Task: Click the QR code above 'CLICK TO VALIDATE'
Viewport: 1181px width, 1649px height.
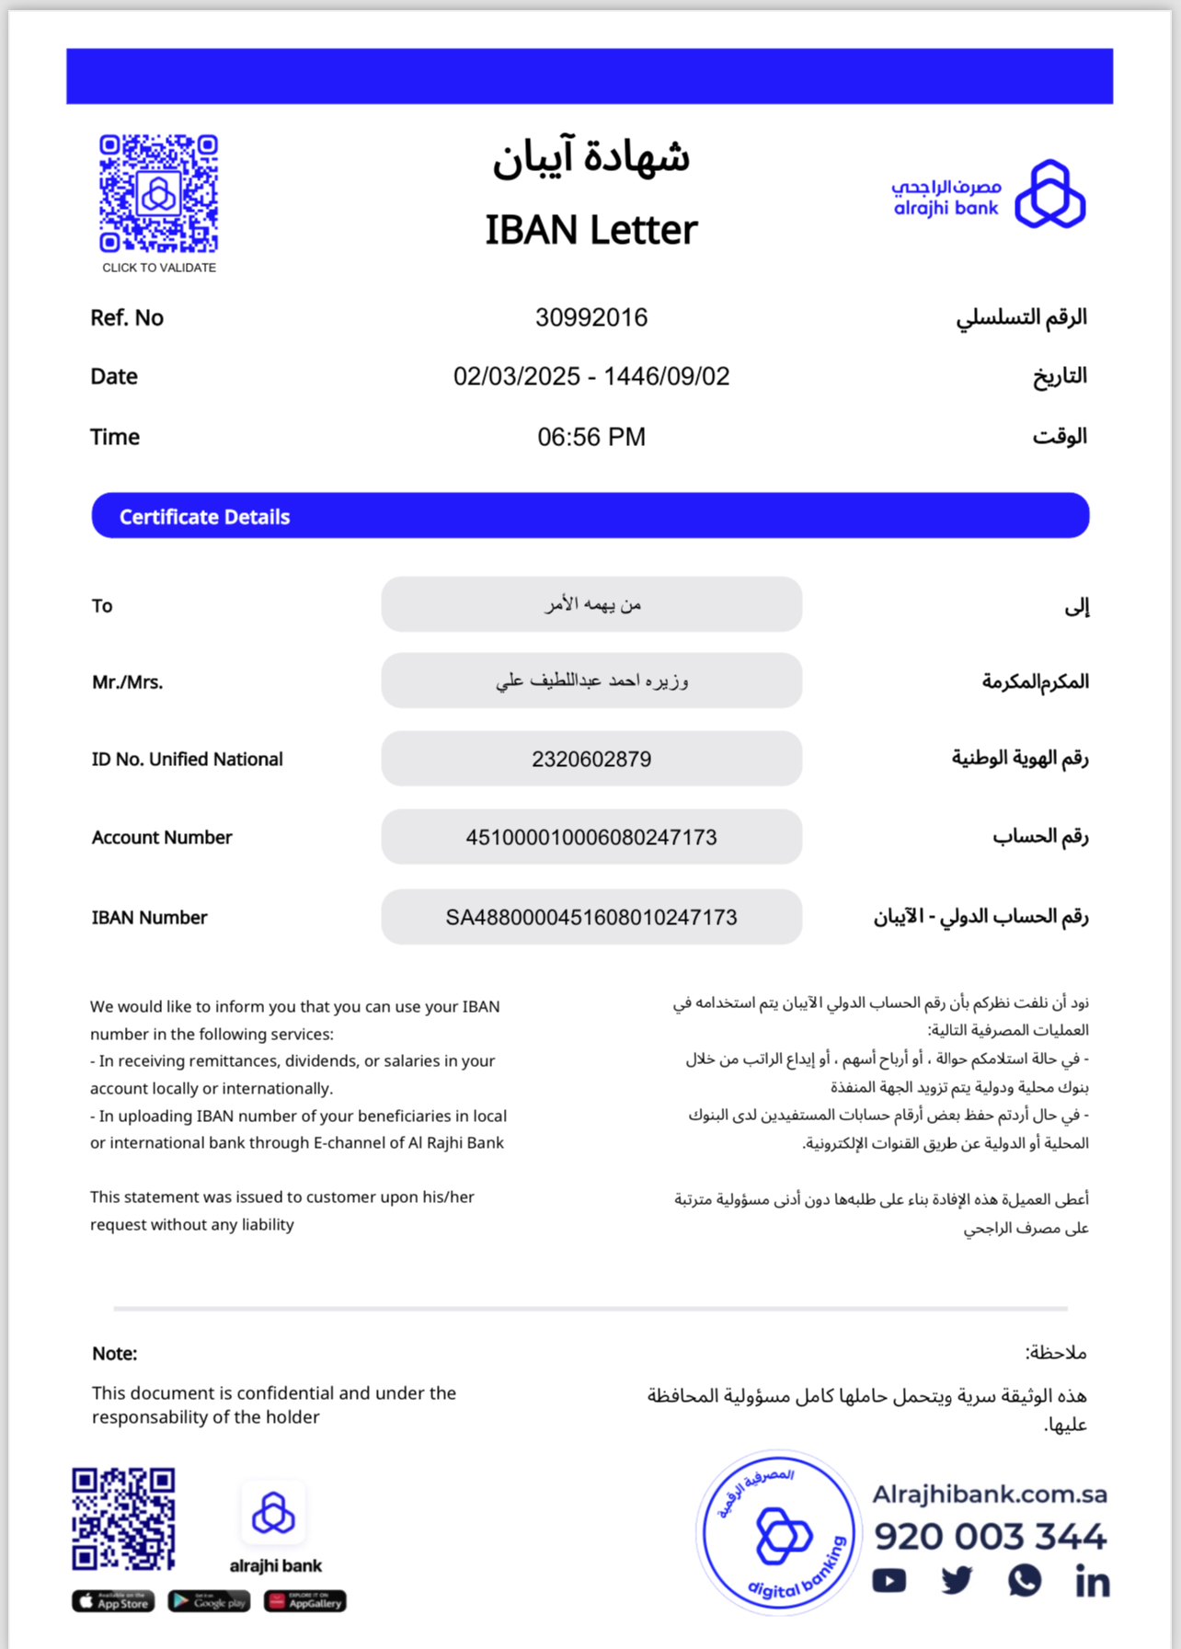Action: point(158,193)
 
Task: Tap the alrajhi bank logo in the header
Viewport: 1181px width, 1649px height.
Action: point(989,194)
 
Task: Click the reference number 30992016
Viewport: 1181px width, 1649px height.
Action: point(591,318)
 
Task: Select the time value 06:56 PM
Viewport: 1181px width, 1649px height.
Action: point(591,437)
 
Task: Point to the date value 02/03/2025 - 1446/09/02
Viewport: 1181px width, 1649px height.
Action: point(591,377)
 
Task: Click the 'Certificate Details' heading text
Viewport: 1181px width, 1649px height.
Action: point(204,517)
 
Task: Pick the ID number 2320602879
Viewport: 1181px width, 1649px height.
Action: point(591,760)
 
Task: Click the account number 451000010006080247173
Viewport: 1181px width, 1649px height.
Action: point(591,838)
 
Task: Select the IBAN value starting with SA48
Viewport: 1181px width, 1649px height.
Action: point(591,918)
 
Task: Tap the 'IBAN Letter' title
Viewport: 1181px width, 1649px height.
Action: point(591,230)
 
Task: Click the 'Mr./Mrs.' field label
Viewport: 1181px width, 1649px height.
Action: point(127,682)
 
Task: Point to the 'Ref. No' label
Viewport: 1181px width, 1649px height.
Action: point(127,318)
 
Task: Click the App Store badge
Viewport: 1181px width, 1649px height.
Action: point(113,1601)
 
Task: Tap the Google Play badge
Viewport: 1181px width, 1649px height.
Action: point(209,1601)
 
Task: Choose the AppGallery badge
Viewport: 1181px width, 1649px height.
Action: point(305,1601)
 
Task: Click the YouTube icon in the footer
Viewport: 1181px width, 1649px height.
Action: point(889,1581)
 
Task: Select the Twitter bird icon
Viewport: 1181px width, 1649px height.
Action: point(957,1581)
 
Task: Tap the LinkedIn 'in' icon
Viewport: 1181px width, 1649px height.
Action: point(1092,1581)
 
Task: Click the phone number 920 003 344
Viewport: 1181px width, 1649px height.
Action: point(990,1536)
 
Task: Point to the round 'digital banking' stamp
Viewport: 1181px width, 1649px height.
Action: point(778,1533)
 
